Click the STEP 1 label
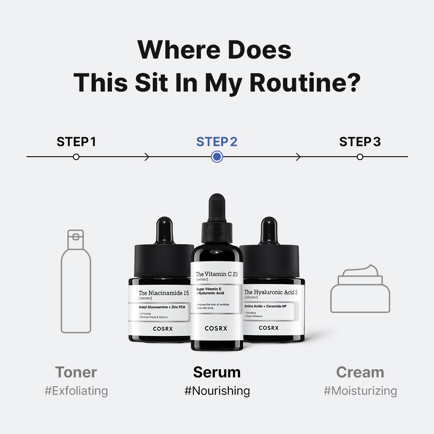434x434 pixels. click(76, 142)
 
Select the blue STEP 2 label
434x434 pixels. click(217, 142)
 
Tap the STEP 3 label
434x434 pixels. click(360, 142)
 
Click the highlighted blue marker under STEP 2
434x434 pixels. click(217, 157)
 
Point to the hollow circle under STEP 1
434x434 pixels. click(76, 157)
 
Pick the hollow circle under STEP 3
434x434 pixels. click(360, 157)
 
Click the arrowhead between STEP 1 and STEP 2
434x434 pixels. click(147, 157)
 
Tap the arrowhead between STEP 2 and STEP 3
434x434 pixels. click(298, 157)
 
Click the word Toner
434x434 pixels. click(76, 372)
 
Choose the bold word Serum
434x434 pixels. click(217, 372)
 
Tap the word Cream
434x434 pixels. click(360, 372)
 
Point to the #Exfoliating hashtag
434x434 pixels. click(76, 391)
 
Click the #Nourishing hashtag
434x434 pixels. click(217, 391)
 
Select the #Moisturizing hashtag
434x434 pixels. click(360, 391)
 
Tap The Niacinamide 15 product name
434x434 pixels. click(164, 293)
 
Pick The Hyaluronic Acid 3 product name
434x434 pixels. click(271, 292)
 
